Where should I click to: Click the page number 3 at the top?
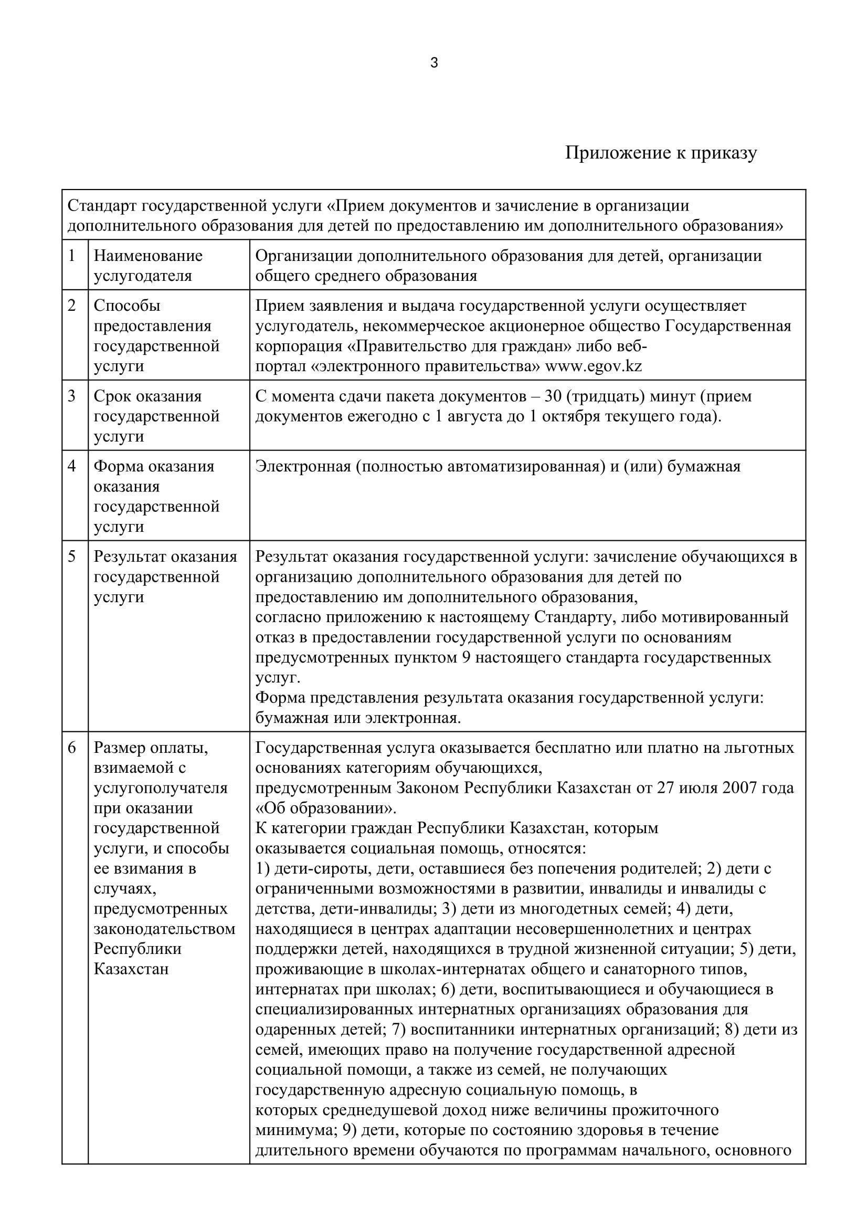tap(434, 63)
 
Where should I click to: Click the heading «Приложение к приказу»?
tap(661, 153)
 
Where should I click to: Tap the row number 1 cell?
tap(72, 256)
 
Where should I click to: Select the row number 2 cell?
tap(72, 306)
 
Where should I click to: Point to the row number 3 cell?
tap(72, 396)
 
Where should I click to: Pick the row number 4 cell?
tap(72, 466)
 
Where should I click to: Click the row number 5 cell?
tap(72, 557)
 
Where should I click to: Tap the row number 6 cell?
tap(72, 748)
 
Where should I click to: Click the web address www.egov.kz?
tap(594, 366)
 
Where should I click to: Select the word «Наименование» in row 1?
tap(148, 256)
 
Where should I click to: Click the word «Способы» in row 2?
tap(127, 306)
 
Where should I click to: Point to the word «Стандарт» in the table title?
tap(103, 205)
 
